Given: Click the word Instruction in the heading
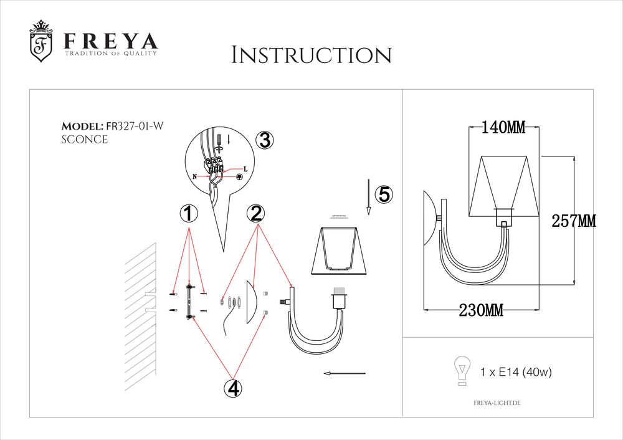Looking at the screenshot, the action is [311, 55].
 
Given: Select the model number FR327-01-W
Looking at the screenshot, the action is [135, 126].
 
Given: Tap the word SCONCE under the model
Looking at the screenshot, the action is [85, 140].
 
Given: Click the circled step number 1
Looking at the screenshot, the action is [189, 214].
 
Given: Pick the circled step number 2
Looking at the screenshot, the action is [256, 214].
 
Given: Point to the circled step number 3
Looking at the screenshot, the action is [265, 140].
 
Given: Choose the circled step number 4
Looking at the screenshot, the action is [233, 388].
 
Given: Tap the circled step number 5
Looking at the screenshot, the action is [384, 194].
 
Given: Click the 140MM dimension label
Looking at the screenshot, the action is [503, 128].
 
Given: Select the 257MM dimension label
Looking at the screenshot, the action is [574, 221].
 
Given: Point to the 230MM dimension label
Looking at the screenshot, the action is [481, 310].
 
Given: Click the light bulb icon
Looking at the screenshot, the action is [462, 370].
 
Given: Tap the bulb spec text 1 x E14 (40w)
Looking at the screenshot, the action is [516, 372].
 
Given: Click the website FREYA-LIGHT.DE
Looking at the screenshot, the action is [497, 403].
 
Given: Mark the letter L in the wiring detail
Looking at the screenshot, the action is [245, 170].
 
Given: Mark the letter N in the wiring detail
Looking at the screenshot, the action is [194, 176].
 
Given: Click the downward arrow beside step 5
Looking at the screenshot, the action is [369, 197].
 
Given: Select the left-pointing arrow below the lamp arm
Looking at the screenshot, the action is [345, 373].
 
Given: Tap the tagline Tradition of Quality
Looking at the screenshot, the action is [111, 53].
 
